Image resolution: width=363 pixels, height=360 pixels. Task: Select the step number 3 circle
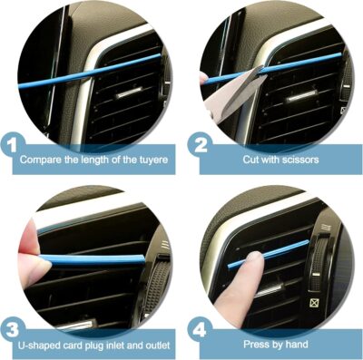point(14,326)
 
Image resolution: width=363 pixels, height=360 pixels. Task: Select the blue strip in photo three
point(91,261)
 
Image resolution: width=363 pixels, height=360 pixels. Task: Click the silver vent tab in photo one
point(127,92)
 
